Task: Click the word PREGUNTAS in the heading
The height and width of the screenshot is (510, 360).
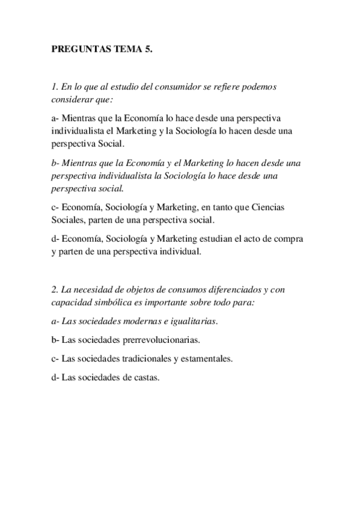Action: pos(78,51)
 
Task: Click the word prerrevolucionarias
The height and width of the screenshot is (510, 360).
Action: pos(160,340)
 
